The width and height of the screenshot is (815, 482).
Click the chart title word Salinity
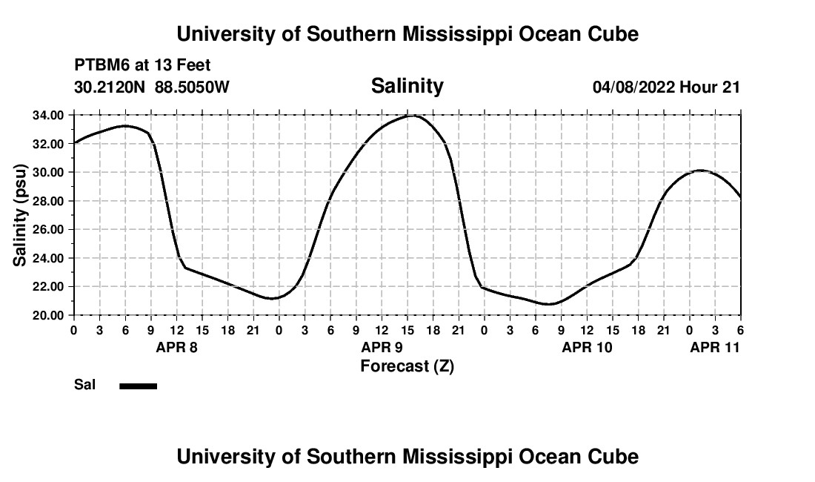point(407,86)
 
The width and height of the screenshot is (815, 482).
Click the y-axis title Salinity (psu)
point(21,215)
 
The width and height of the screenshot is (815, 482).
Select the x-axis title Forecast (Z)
point(407,366)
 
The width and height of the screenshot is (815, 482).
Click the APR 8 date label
point(176,347)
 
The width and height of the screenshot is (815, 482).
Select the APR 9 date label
point(382,347)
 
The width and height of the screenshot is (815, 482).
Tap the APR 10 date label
point(587,347)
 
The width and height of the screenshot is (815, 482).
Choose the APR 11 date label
point(715,347)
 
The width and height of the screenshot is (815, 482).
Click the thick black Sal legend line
point(139,386)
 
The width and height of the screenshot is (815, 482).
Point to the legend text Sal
point(84,385)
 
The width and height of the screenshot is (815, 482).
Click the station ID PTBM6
point(101,66)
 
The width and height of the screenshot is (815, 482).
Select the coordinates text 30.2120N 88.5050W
point(152,87)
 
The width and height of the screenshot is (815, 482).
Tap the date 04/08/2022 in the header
point(633,87)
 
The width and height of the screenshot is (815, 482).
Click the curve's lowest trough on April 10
point(549,304)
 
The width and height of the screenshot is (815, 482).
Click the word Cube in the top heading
point(613,34)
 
